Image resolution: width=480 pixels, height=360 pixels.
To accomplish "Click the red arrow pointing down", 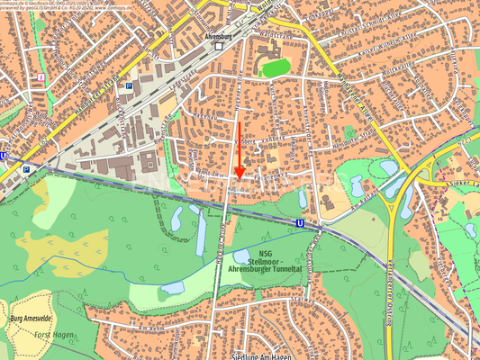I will click(x=239, y=170).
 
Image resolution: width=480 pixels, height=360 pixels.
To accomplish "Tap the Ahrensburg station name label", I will click(x=219, y=35).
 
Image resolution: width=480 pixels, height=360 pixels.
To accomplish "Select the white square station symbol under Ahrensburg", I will click(x=219, y=46).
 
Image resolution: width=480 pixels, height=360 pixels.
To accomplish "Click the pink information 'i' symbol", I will click(x=41, y=78).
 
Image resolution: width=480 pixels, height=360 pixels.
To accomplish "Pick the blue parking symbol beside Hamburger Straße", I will click(x=129, y=86).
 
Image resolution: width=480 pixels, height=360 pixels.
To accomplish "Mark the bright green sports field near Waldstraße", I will click(x=276, y=67).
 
